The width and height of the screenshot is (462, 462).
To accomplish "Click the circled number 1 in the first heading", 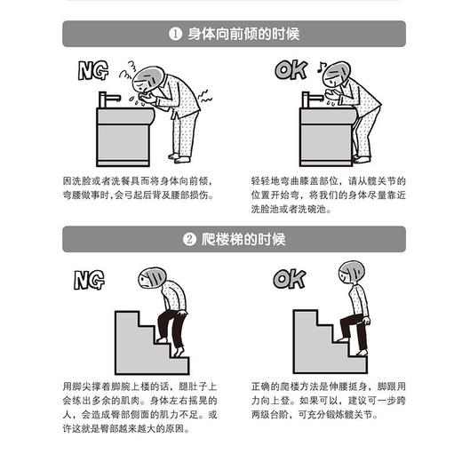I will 175,35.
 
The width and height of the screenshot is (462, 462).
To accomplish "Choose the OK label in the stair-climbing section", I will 289,279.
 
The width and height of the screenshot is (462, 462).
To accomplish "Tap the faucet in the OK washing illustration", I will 311,98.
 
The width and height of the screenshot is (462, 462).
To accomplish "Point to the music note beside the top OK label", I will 321,64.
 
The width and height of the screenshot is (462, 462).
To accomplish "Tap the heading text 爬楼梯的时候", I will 230,239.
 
